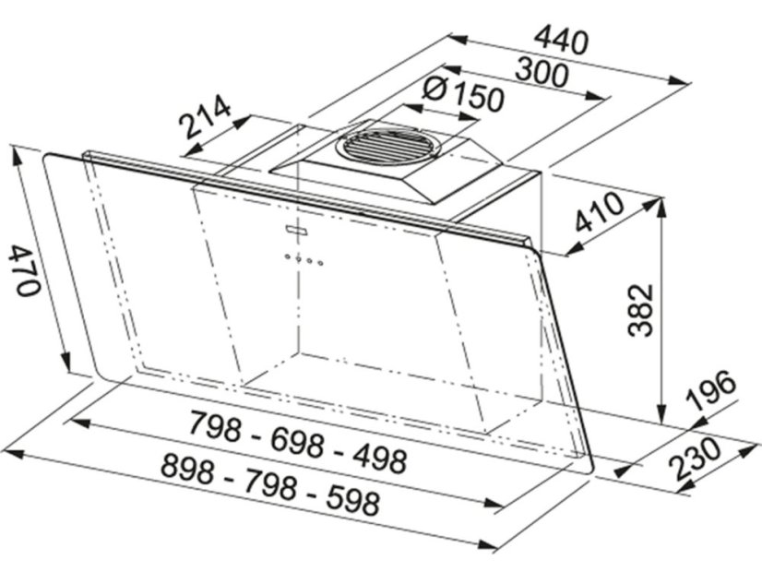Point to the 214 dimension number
205,118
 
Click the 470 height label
25,269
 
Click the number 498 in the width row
373,455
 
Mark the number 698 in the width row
297,441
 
